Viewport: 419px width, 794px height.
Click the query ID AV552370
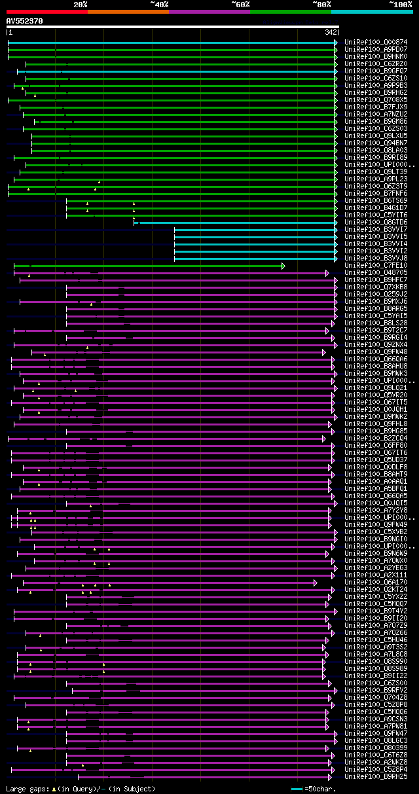point(24,21)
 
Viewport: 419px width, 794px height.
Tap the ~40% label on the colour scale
point(159,4)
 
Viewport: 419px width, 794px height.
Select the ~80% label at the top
point(321,4)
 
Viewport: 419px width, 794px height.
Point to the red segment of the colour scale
point(46,12)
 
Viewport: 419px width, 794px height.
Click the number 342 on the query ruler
point(330,32)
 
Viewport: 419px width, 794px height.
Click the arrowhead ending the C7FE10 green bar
point(283,266)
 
